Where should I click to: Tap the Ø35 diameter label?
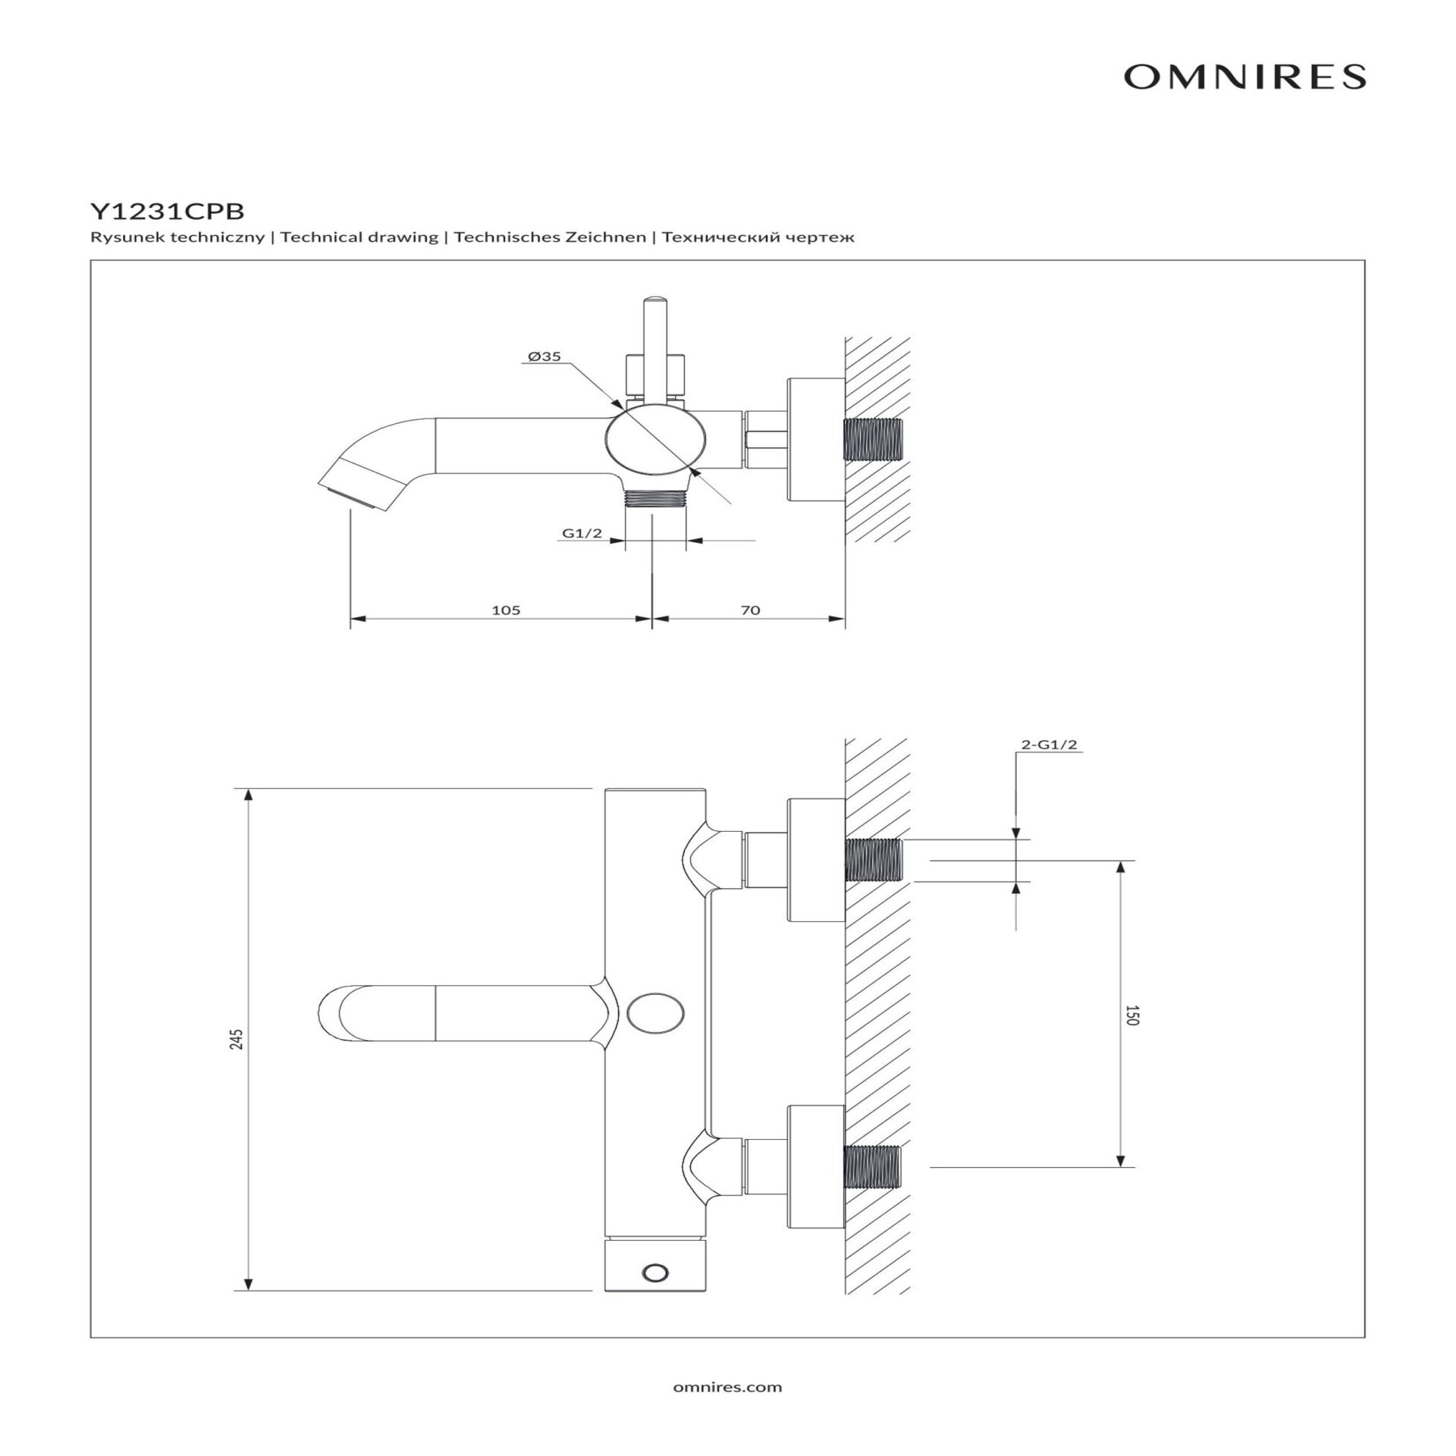pos(544,356)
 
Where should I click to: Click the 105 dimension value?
pos(506,610)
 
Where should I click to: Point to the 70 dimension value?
pos(749,610)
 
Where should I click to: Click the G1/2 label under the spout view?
pos(582,533)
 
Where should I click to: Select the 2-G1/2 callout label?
pos(1049,745)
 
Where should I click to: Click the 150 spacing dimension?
pos(1131,1015)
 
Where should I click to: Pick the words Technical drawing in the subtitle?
pos(359,237)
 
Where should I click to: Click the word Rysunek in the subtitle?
pos(116,237)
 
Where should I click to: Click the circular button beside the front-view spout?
pos(657,1013)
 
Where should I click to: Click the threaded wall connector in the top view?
pos(873,439)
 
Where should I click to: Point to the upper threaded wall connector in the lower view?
pos(873,861)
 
